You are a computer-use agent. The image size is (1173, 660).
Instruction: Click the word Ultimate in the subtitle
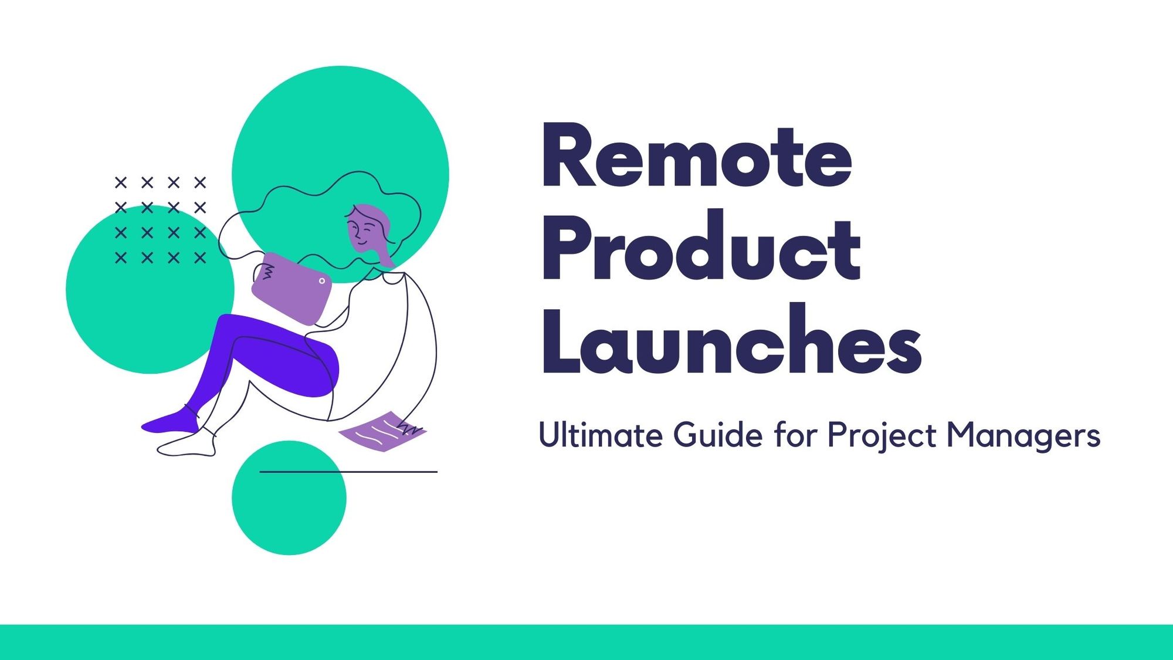[x=601, y=435]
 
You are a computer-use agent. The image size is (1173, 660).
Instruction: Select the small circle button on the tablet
[x=321, y=281]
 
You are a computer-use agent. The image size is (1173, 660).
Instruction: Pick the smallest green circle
[x=289, y=497]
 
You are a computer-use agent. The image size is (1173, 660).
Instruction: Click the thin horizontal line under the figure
[x=348, y=472]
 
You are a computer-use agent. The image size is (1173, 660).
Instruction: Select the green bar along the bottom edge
[x=586, y=642]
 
